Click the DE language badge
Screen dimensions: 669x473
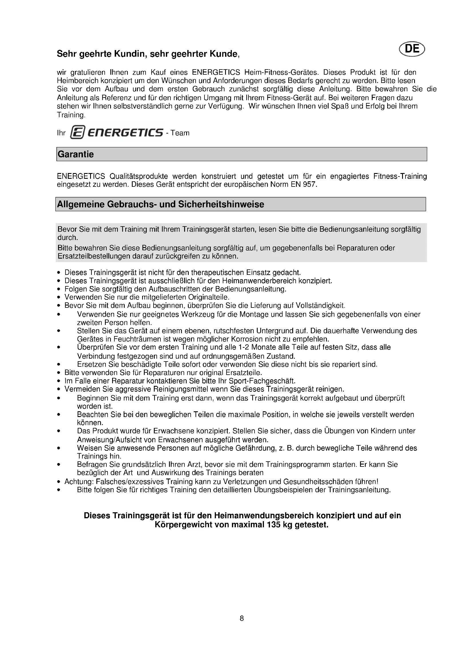coord(412,49)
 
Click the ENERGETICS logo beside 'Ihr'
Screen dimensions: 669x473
coord(117,133)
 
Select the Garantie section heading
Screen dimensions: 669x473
coord(76,154)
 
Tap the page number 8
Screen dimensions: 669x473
coord(241,618)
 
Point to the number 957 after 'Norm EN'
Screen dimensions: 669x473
coord(309,184)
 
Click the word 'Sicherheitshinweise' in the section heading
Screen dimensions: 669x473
coord(221,204)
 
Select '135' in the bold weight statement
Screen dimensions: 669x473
coord(273,525)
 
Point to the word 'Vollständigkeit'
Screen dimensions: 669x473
coord(320,305)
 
